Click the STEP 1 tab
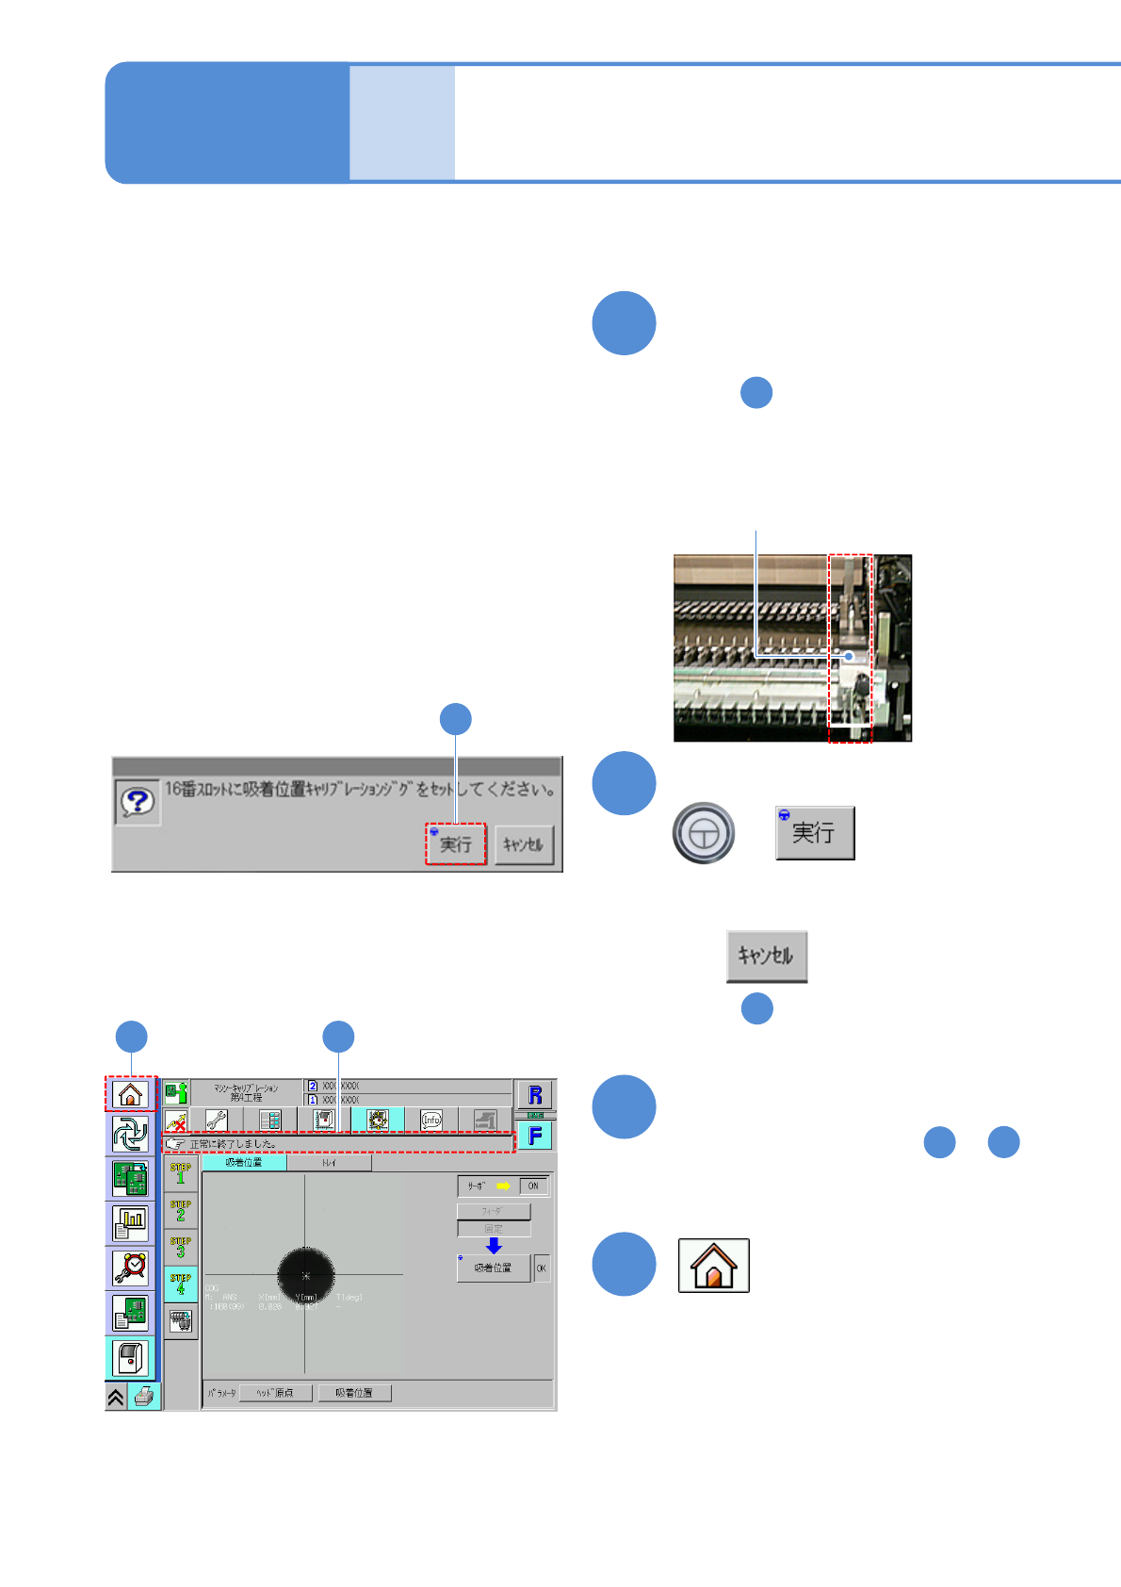[x=181, y=1173]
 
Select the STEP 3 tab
[x=181, y=1247]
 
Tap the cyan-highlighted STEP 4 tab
[x=181, y=1284]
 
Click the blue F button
[x=535, y=1136]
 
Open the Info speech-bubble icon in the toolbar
[x=431, y=1120]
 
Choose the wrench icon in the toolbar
[x=217, y=1120]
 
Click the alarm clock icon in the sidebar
[x=130, y=1268]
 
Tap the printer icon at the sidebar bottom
[x=144, y=1397]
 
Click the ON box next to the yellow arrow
[x=533, y=1186]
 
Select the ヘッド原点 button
[x=276, y=1393]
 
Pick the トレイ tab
[x=329, y=1163]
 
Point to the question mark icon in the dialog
[x=138, y=802]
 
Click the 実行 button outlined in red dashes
[x=456, y=843]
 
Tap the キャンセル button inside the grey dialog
[x=523, y=843]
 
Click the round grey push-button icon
[x=703, y=833]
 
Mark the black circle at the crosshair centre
[x=305, y=1275]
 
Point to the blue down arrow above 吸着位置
[x=494, y=1246]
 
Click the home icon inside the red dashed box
[x=130, y=1094]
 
